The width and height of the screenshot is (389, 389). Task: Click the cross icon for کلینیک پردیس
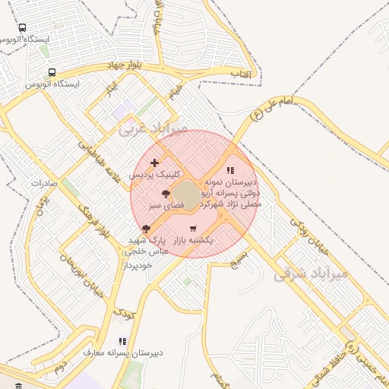pos(155,163)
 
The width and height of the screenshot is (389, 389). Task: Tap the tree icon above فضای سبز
pos(166,194)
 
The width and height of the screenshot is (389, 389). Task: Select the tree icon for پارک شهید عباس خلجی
pos(146,229)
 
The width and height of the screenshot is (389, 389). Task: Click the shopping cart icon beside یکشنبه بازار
pos(193,229)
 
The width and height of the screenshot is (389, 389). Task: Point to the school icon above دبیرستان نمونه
pos(231,171)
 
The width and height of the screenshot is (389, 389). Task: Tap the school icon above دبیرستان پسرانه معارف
pos(122,342)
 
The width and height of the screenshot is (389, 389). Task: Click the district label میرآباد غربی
pos(152,130)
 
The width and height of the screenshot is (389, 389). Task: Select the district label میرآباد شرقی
pos(311,273)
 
